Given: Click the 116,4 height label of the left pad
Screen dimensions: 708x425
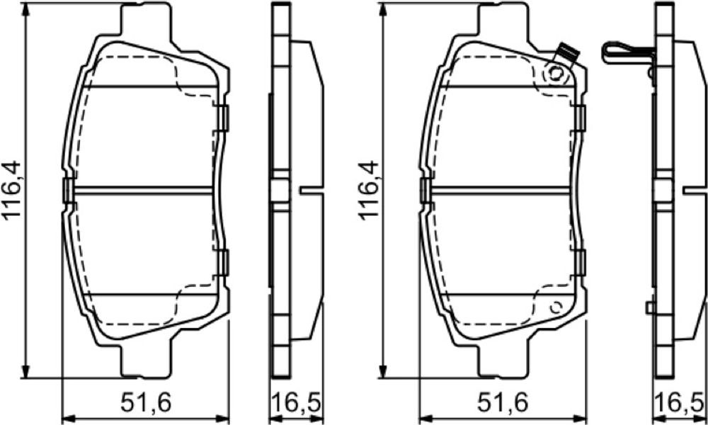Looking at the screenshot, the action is click(12, 190).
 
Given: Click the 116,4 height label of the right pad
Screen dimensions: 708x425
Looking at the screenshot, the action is click(369, 190).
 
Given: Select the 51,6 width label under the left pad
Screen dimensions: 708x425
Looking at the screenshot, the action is click(147, 403).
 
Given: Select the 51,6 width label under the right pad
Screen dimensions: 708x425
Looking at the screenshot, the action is click(503, 403).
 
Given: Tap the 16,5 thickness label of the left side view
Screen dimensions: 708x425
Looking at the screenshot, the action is click(297, 403).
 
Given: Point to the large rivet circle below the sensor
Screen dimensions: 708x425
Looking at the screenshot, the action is click(556, 73).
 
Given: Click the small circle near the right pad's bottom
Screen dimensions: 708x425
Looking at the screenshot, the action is click(556, 307).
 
